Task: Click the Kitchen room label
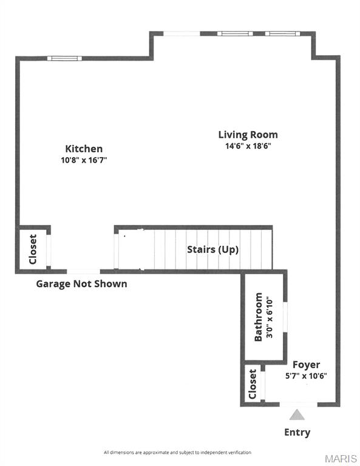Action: [x=84, y=149]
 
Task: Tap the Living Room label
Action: [x=248, y=135]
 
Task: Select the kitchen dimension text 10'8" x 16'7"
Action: [x=84, y=160]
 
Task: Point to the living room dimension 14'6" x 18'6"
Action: [x=248, y=146]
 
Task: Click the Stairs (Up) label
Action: [x=212, y=249]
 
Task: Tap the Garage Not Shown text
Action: [x=81, y=283]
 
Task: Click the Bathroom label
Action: [x=259, y=317]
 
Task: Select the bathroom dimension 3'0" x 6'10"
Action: [x=270, y=317]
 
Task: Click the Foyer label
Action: [x=306, y=365]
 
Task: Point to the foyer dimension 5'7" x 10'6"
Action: [x=306, y=376]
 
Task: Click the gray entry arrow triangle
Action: [x=297, y=415]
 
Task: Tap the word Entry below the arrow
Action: [x=297, y=433]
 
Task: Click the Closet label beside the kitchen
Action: [x=33, y=249]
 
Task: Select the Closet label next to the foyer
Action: [x=253, y=384]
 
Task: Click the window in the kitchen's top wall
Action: [x=65, y=58]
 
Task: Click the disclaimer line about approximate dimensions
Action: [x=177, y=453]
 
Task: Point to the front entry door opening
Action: [x=297, y=404]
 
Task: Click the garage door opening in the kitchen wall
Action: [x=83, y=271]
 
